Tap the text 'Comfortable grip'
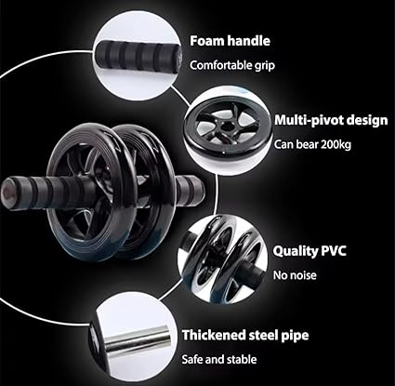pyautogui.click(x=231, y=65)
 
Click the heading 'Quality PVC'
pyautogui.click(x=308, y=251)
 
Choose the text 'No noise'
pyautogui.click(x=294, y=274)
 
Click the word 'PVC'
pyautogui.click(x=328, y=251)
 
